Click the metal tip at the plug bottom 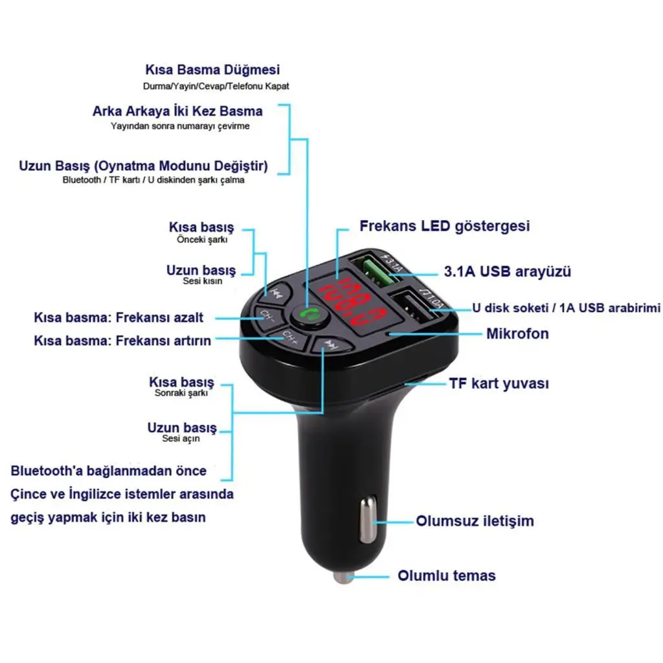tap(344, 576)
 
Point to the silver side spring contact tap(367, 521)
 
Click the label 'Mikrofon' tap(517, 334)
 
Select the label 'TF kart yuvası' tap(499, 383)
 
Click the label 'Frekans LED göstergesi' tap(444, 226)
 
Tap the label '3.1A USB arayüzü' tap(508, 271)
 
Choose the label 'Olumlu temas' tap(447, 576)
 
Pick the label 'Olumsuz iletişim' tap(475, 521)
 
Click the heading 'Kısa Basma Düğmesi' tap(212, 70)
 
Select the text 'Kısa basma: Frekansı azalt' tap(118, 318)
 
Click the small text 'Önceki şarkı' tap(202, 240)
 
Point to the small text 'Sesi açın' tap(181, 439)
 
